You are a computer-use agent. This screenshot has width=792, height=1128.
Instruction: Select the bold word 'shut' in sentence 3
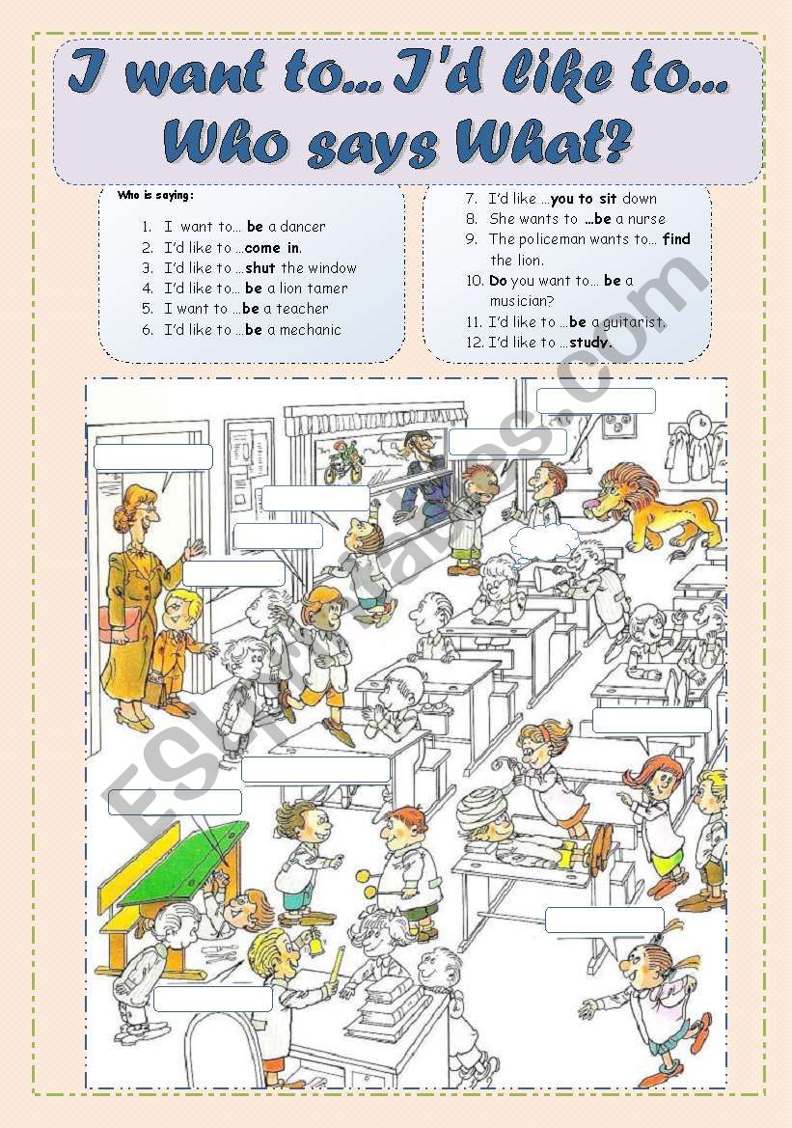tap(260, 268)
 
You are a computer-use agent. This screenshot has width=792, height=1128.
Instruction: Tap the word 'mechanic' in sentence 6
tap(310, 330)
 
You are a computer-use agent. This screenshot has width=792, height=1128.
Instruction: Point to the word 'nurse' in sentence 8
tap(646, 219)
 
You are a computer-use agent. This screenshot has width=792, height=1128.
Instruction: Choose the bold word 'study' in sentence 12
tap(589, 343)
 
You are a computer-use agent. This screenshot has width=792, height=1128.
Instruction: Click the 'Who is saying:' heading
tap(155, 195)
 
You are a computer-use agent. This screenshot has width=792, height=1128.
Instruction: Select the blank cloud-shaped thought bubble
tap(544, 542)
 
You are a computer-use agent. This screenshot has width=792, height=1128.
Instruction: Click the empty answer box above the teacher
tap(153, 456)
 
